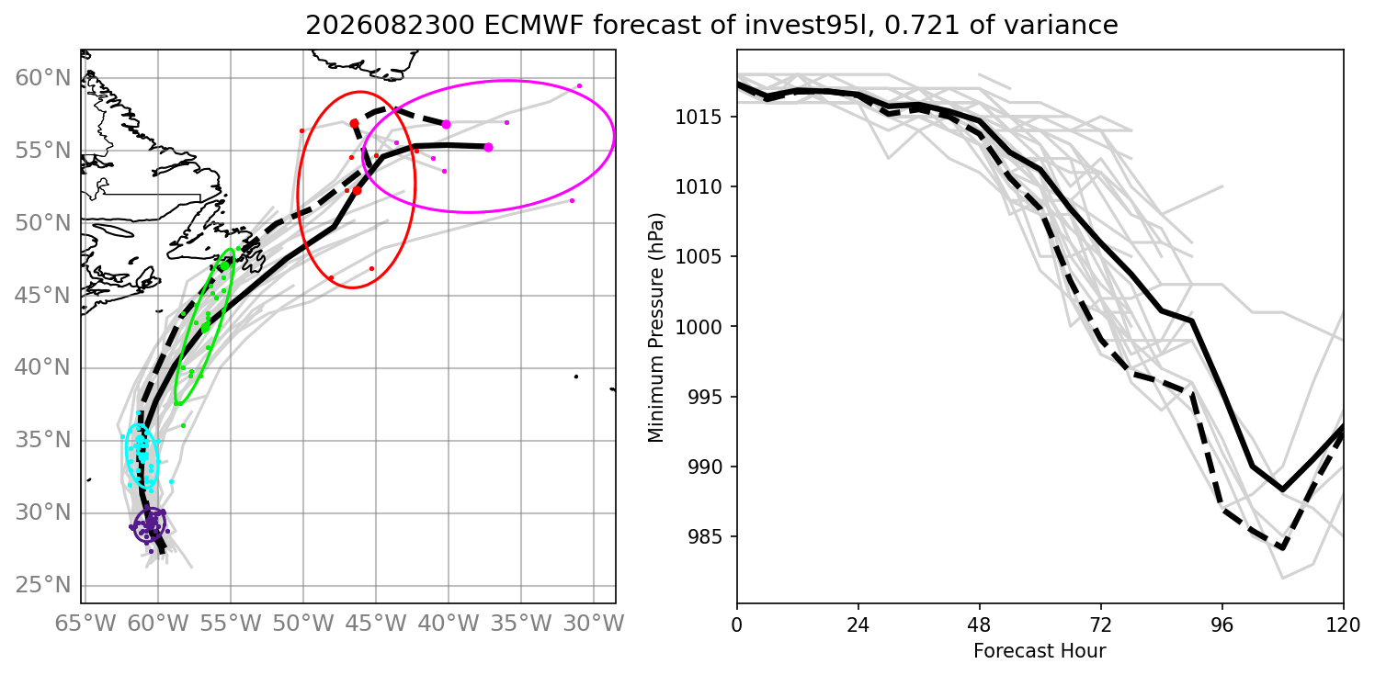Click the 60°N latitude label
click(x=43, y=78)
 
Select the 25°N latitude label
click(x=43, y=586)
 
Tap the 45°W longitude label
click(x=376, y=624)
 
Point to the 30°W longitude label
click(x=594, y=624)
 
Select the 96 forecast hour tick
click(x=1222, y=624)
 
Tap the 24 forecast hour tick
click(x=858, y=624)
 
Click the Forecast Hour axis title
click(x=1040, y=651)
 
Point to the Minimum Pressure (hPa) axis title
click(x=656, y=327)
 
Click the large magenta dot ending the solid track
click(x=489, y=147)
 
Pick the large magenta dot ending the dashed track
click(x=447, y=125)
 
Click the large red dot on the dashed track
click(x=354, y=123)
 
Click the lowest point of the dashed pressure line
click(x=1282, y=548)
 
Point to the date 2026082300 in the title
click(x=390, y=25)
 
